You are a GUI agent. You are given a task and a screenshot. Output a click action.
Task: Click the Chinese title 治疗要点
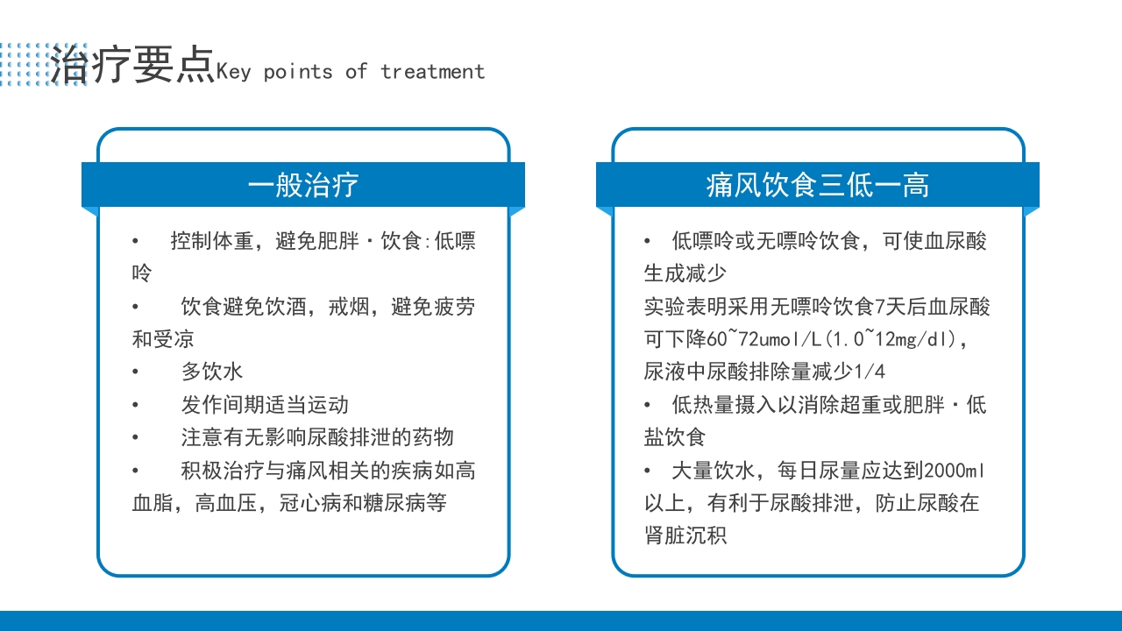(131, 66)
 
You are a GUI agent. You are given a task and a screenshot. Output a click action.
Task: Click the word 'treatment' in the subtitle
(432, 72)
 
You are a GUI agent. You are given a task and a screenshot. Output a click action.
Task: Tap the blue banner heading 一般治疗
(303, 185)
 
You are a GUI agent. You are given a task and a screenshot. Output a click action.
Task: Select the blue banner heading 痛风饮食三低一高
(817, 185)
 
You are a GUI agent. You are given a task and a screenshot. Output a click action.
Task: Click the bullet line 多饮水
(211, 372)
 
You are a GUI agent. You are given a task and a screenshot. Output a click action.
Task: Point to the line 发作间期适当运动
(265, 404)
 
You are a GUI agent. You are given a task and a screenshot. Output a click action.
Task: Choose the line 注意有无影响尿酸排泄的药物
(317, 436)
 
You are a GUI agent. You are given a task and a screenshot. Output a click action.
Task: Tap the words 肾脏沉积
(685, 535)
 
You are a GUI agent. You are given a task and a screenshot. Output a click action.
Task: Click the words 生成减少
(685, 273)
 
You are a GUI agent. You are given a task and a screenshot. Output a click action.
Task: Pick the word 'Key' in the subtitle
(233, 72)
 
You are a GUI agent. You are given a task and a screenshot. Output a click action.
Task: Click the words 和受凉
(163, 339)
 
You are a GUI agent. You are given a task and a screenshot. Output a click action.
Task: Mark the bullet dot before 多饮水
(136, 372)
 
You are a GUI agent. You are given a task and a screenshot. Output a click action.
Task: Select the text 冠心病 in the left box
(310, 503)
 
